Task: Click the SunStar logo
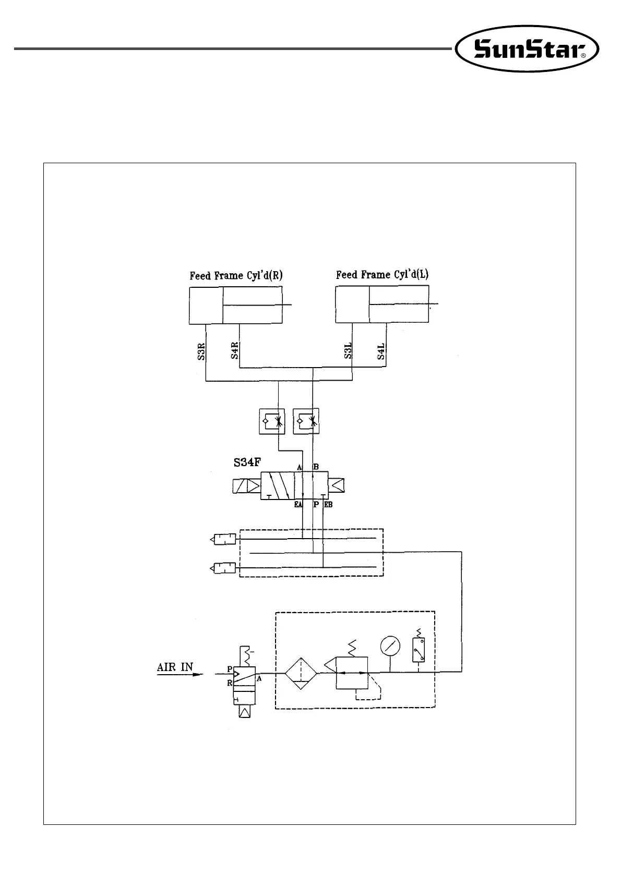coord(527,48)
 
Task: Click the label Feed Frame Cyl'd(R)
coord(236,276)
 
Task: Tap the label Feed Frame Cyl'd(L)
coord(382,274)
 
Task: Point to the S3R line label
coord(201,351)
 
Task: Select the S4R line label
coord(234,351)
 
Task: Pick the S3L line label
coord(348,351)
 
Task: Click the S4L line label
coord(381,351)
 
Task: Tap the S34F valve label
coord(247,462)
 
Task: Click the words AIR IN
coord(175,667)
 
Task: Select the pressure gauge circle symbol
coord(390,646)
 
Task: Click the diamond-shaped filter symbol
coord(301,674)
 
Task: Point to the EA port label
coord(298,505)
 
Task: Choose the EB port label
coord(328,505)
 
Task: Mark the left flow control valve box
coord(272,421)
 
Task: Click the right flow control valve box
coord(306,421)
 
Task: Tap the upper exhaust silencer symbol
coord(223,540)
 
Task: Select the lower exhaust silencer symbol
coord(223,568)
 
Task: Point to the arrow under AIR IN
coord(180,674)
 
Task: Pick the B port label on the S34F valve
coord(316,467)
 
